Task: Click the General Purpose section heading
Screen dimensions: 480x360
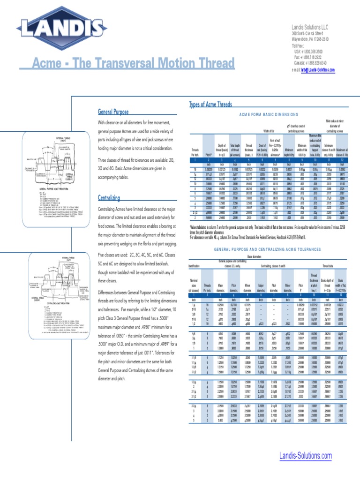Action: click(x=113, y=112)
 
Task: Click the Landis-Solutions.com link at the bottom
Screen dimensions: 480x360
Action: click(x=305, y=456)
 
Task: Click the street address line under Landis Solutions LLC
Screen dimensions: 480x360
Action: click(x=307, y=34)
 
